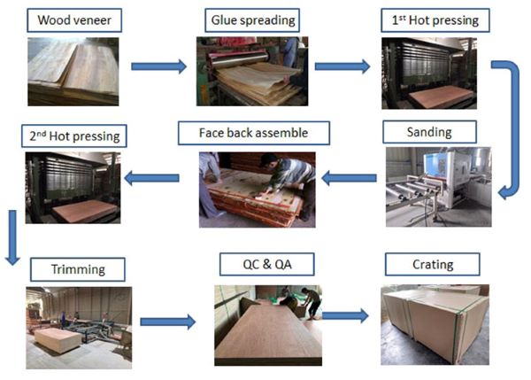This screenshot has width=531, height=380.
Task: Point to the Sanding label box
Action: (429, 132)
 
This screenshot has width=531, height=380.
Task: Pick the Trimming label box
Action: (77, 268)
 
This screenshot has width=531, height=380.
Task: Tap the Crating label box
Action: (432, 264)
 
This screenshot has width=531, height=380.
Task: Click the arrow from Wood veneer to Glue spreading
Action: (158, 66)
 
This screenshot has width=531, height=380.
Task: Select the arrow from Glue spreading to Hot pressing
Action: (342, 66)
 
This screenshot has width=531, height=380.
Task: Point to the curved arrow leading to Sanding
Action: (508, 124)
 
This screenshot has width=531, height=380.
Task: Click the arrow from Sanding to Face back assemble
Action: (349, 179)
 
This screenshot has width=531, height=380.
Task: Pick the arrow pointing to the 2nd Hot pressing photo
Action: (151, 179)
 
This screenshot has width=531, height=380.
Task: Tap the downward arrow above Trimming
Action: (12, 237)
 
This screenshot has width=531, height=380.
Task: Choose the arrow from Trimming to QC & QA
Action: (168, 322)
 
